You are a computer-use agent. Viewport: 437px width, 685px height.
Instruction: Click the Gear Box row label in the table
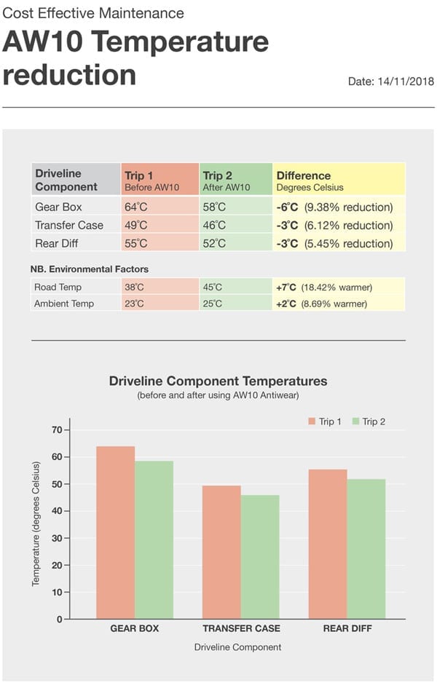click(58, 207)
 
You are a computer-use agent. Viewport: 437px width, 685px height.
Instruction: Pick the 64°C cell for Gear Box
click(160, 207)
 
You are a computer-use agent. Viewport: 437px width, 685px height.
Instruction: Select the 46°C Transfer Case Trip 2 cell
click(235, 226)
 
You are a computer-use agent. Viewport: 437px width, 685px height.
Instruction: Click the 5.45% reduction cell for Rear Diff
click(339, 244)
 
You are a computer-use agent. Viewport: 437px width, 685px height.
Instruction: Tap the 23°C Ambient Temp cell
click(160, 304)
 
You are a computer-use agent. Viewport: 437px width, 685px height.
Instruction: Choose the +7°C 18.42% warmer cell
click(339, 288)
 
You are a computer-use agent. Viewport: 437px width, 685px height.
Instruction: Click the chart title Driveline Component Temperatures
click(218, 381)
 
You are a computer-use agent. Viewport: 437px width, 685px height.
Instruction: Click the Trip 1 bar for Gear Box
click(115, 532)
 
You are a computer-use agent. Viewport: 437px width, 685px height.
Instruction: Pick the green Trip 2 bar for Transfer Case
click(260, 557)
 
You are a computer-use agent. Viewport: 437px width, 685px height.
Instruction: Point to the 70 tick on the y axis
click(56, 429)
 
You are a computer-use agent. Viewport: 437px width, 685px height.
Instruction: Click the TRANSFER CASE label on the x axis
click(241, 628)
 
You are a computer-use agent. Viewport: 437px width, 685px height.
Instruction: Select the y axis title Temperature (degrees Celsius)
click(36, 524)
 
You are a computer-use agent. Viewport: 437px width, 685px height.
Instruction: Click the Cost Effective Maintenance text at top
click(94, 14)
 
